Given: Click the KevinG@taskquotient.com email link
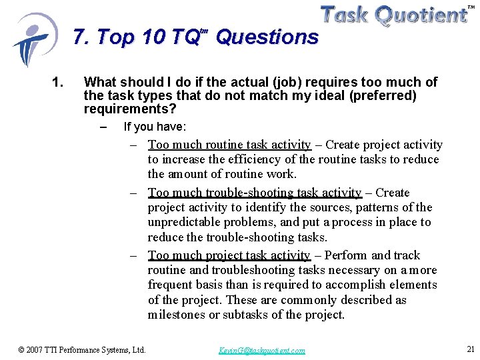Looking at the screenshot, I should (261, 350).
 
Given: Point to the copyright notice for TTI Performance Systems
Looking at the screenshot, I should (82, 349).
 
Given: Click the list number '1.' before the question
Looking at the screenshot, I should (57, 83).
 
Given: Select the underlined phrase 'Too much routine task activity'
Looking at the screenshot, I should (229, 145).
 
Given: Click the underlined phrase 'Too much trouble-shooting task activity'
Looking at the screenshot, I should (255, 193).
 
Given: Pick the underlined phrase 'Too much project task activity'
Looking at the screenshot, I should (229, 255).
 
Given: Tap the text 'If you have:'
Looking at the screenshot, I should (155, 127).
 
